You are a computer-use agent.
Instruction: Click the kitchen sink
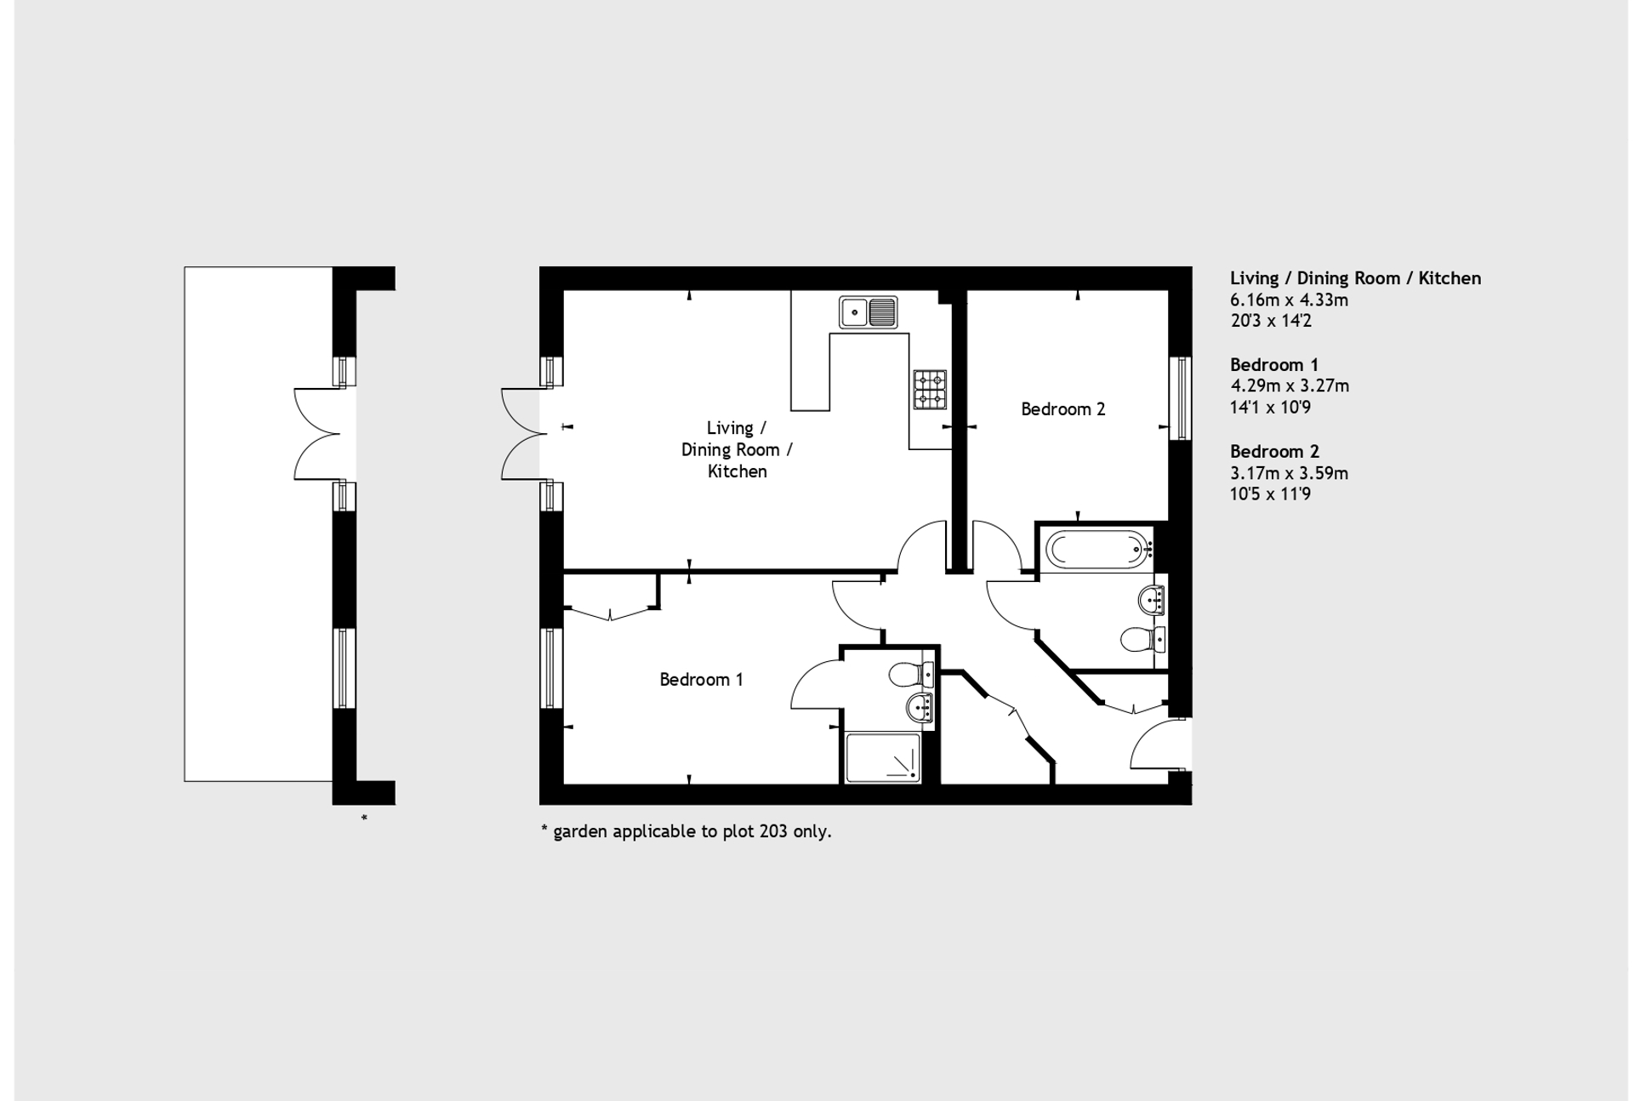coord(868,312)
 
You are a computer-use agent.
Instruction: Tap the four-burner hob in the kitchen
coord(930,390)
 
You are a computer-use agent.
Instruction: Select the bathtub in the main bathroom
coord(1097,550)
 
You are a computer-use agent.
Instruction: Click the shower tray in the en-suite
coord(883,757)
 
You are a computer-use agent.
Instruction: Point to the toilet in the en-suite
coord(909,676)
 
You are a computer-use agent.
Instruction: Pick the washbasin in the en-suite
coord(920,706)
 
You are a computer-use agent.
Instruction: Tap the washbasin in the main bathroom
coord(1151,601)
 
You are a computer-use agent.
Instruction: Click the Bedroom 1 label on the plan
coord(701,680)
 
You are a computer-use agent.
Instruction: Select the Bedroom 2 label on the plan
coord(1062,409)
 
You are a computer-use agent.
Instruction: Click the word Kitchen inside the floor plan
coord(737,471)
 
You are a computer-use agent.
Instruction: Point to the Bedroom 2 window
coord(1180,398)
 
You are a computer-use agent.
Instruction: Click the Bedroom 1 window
coord(551,668)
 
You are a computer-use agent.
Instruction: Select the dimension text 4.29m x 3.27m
coord(1290,386)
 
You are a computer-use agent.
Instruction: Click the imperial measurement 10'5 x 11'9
coord(1270,494)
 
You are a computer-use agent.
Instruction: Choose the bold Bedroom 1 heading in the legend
coord(1273,365)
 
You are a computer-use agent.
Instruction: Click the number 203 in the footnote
coord(773,831)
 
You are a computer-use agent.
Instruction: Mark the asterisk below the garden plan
coord(364,819)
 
